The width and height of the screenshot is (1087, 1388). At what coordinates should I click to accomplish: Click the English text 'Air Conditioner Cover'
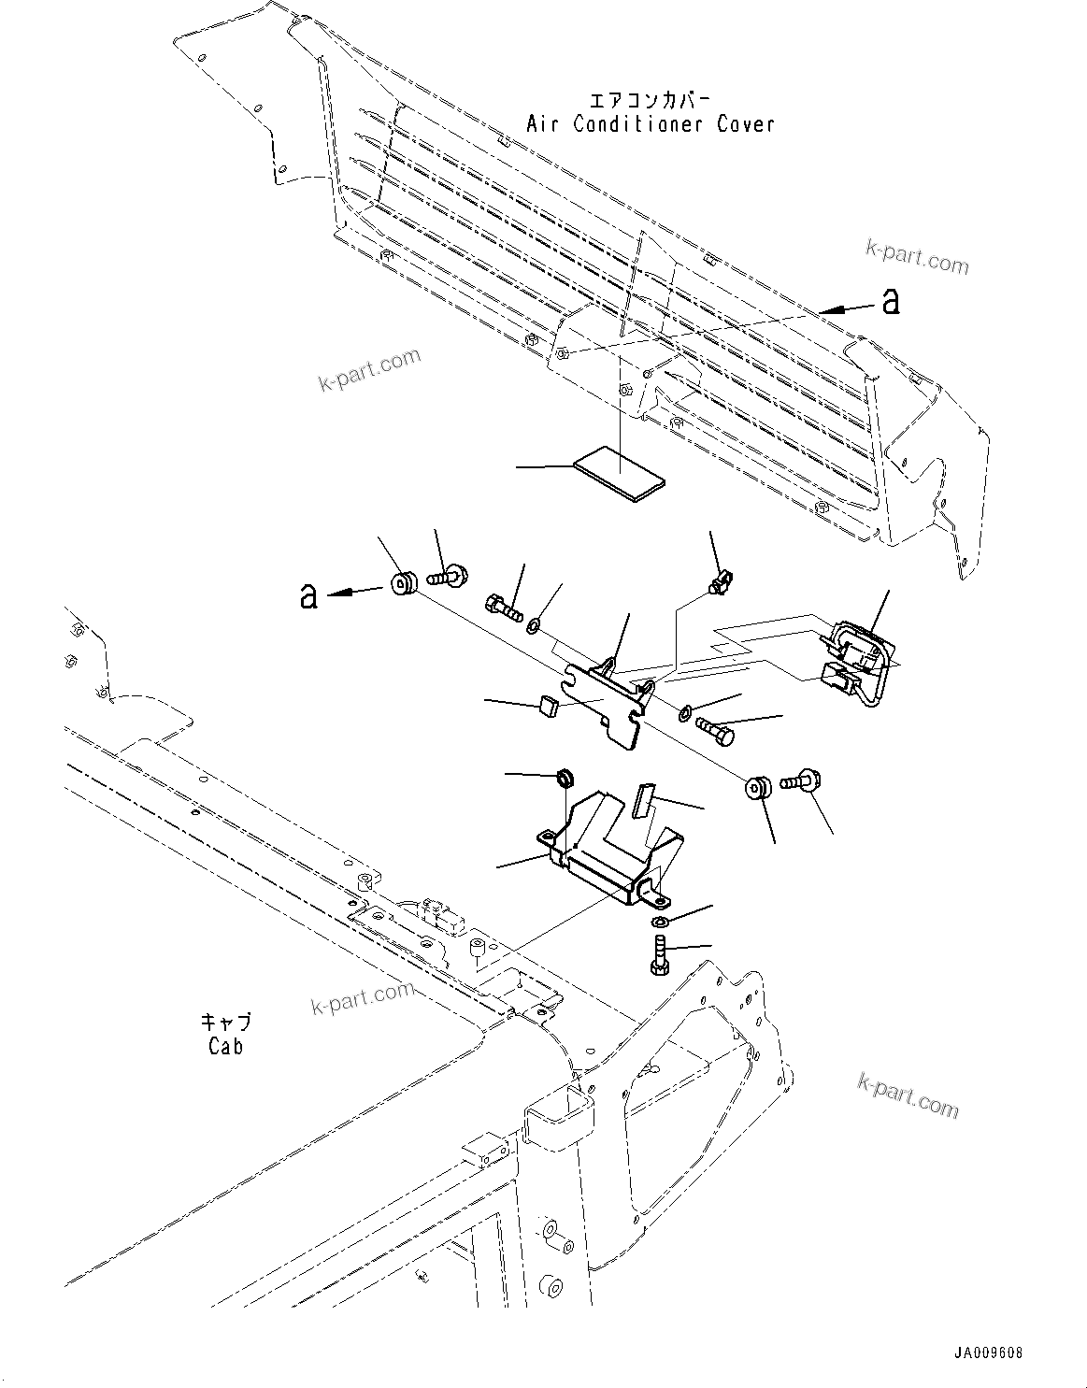(x=651, y=123)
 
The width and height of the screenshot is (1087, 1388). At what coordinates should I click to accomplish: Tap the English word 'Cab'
(x=225, y=1046)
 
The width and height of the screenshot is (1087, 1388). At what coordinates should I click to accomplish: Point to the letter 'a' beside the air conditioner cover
(x=892, y=301)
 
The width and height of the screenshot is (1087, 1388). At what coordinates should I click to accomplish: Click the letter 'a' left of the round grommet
(x=308, y=595)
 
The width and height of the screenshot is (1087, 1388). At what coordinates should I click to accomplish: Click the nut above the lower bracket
(x=565, y=777)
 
